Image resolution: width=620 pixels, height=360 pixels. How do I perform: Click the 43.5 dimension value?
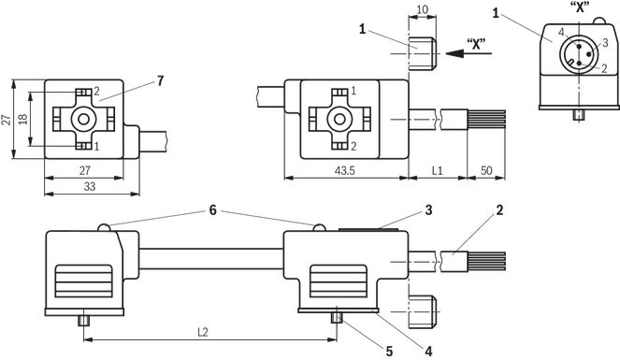click(345, 171)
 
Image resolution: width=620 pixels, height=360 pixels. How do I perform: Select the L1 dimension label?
click(437, 171)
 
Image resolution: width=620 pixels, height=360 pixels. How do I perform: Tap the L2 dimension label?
click(202, 332)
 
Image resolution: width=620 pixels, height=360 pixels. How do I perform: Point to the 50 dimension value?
click(486, 171)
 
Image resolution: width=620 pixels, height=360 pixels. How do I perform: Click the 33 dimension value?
click(90, 186)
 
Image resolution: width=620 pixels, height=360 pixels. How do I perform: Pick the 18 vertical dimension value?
click(22, 119)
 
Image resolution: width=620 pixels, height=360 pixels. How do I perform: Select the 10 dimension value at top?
click(423, 9)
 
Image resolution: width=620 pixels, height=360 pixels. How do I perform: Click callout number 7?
click(160, 81)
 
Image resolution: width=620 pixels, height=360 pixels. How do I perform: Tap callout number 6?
click(212, 210)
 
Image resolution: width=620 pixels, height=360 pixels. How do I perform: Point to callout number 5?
click(389, 351)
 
